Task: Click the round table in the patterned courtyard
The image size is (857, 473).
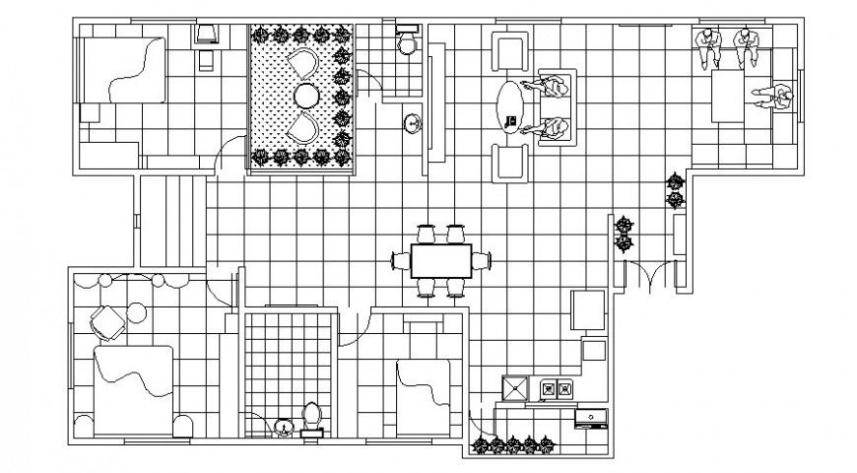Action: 306,96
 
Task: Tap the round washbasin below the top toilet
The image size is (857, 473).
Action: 413,123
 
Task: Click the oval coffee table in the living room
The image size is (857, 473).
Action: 509,105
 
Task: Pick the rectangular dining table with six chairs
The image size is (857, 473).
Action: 440,261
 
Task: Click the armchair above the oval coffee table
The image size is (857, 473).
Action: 510,51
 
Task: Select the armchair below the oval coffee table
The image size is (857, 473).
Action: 510,161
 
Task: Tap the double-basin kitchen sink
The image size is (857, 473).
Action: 556,390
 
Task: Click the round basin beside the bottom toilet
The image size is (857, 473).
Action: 284,427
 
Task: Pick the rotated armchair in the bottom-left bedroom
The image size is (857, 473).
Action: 105,321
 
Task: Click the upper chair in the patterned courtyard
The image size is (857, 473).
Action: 304,65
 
